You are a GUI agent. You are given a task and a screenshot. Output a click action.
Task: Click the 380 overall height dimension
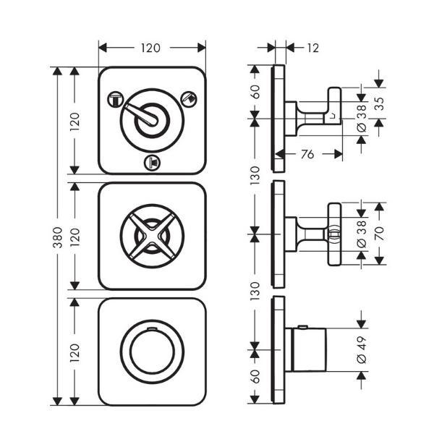click(58, 237)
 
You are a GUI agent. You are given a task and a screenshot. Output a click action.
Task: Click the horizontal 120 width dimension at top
click(150, 48)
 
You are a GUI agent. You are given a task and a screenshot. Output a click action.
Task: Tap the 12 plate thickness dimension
click(313, 48)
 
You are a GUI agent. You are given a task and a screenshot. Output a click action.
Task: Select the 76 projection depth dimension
click(307, 154)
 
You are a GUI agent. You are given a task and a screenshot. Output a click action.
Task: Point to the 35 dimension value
click(380, 103)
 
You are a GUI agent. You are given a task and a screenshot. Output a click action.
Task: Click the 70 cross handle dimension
click(380, 234)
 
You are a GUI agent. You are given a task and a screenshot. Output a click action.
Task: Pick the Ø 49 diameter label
click(362, 349)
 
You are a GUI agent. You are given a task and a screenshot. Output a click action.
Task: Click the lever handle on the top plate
click(142, 114)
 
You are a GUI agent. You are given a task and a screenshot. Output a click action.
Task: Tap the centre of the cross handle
click(152, 236)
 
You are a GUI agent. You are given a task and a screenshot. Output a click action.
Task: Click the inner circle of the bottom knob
click(152, 352)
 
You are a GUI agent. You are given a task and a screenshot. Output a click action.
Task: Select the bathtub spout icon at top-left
click(116, 100)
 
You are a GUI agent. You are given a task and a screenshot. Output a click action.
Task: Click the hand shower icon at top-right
click(189, 99)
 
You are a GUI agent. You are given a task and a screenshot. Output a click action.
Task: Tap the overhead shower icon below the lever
click(152, 163)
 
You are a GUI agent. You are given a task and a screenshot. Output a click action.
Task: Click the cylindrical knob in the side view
click(309, 350)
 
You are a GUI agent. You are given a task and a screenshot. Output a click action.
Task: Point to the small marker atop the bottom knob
click(152, 329)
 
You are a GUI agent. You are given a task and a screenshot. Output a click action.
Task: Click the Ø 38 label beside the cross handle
click(362, 234)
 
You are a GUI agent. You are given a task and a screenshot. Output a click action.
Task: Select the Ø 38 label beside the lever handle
click(362, 119)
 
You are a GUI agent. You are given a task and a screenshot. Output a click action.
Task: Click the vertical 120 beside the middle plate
click(75, 237)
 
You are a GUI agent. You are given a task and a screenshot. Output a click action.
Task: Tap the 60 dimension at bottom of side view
click(255, 376)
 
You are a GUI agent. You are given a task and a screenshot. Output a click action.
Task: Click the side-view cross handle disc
click(334, 234)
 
